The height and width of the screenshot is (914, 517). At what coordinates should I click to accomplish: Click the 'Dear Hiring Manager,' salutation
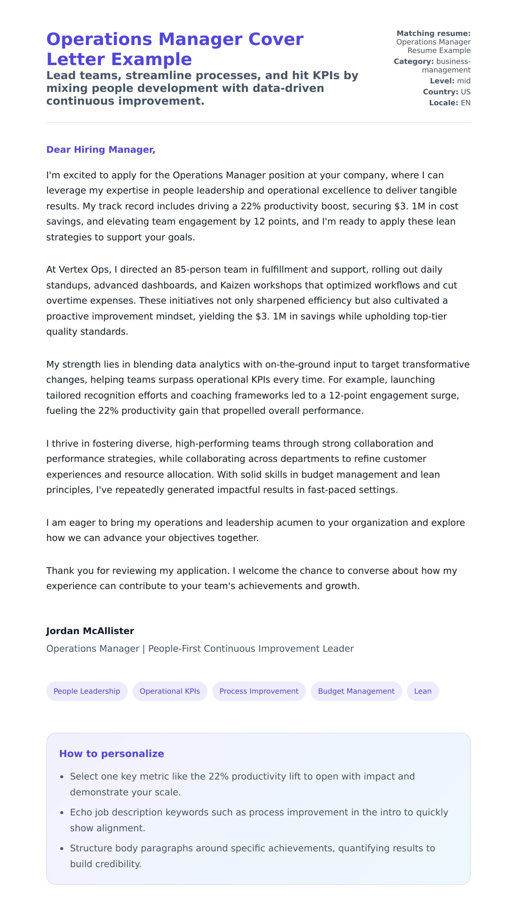click(x=101, y=150)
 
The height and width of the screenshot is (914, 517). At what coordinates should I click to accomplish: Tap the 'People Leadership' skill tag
click(x=87, y=691)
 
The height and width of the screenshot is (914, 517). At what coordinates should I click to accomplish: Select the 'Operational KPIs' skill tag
click(x=170, y=691)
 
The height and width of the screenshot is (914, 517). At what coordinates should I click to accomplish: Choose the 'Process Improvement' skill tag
click(x=259, y=691)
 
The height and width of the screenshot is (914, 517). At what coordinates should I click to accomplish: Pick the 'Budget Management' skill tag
click(x=356, y=691)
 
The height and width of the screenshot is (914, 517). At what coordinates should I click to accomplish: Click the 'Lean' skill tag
click(x=422, y=691)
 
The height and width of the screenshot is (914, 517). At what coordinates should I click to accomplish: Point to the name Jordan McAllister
click(x=90, y=631)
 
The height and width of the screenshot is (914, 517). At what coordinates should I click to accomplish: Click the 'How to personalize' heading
click(x=112, y=754)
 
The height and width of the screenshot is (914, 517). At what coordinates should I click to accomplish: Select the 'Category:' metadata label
click(x=414, y=61)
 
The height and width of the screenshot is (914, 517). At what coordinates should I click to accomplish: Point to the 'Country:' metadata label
click(x=440, y=92)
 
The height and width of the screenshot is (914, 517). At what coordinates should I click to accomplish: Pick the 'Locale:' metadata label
click(x=443, y=103)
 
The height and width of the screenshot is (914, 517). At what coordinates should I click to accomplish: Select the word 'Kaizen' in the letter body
click(x=236, y=285)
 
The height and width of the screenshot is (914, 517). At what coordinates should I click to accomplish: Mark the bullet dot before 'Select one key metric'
click(x=62, y=777)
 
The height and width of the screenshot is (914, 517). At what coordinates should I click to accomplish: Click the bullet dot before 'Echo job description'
click(x=62, y=813)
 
